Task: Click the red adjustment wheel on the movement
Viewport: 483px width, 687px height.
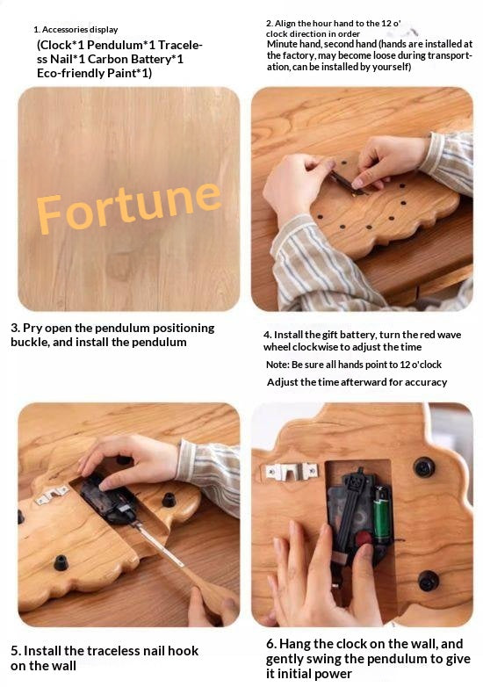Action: point(363,539)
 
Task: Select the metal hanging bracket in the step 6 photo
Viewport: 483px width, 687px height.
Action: point(292,471)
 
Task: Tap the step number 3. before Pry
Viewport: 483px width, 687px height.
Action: point(15,329)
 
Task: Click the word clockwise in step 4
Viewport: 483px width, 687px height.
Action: point(315,347)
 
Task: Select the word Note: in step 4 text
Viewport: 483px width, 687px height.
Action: point(278,365)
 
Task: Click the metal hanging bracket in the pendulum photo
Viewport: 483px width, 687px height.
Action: point(51,495)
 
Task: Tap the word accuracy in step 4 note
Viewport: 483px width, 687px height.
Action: point(426,382)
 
